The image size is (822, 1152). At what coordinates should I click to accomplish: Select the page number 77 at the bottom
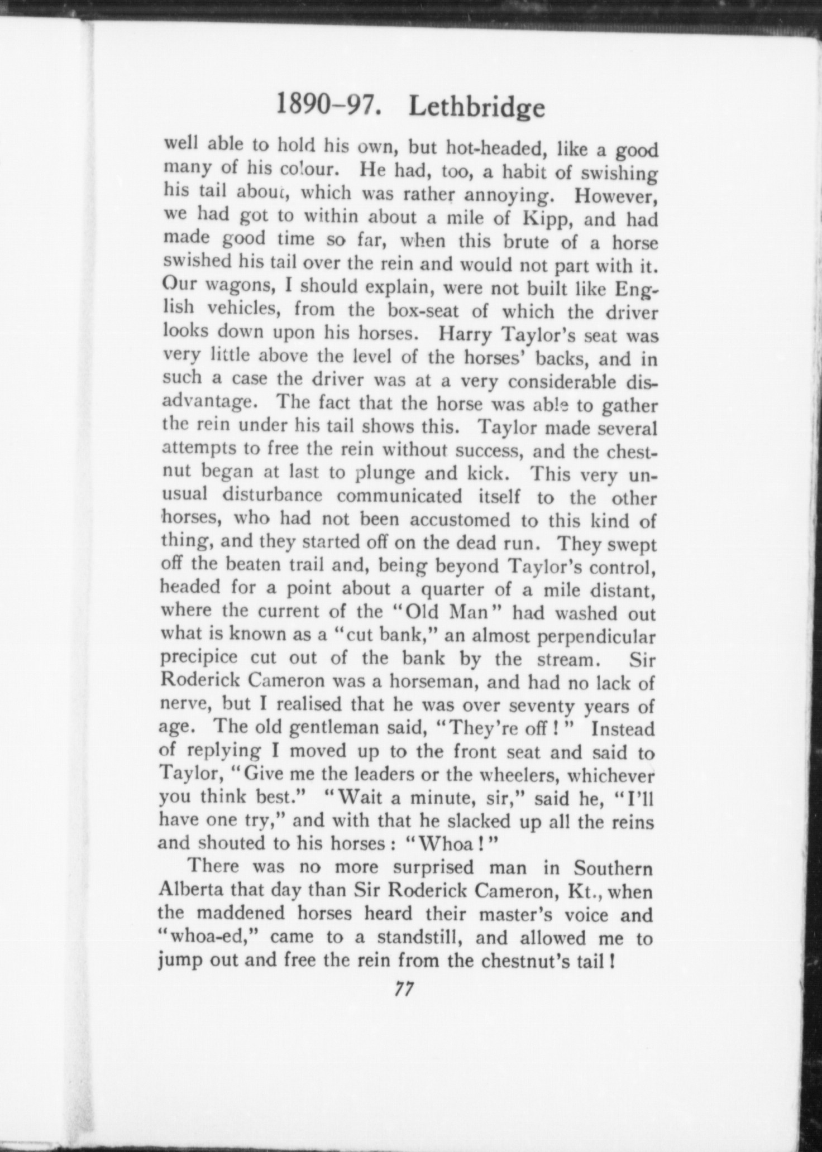[x=403, y=989]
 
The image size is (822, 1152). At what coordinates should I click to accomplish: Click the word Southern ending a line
[x=613, y=868]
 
